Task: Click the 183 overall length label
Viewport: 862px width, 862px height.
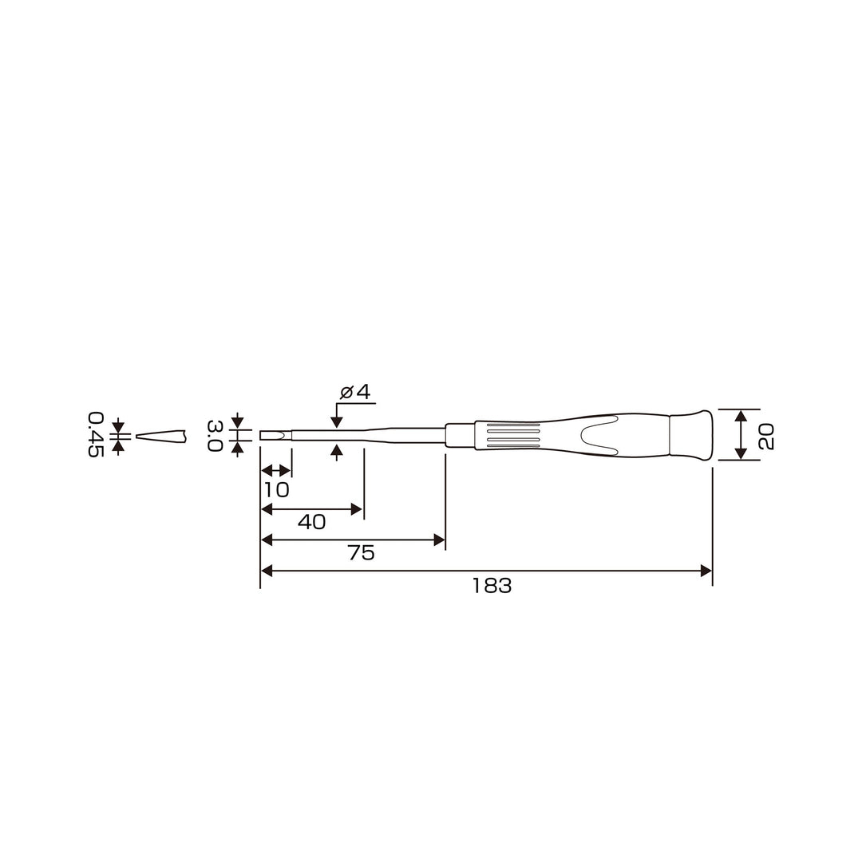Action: pos(492,586)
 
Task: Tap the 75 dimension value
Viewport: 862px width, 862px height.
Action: pos(362,553)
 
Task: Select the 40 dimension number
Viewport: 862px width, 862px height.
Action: pos(312,522)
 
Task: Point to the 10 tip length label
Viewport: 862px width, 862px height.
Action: pos(276,490)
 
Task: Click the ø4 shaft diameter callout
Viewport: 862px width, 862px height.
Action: pos(355,392)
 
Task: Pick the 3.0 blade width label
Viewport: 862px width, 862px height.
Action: pos(215,436)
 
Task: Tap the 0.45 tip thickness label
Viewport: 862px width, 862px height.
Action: pos(96,434)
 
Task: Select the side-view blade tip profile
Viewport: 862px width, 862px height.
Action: pos(161,437)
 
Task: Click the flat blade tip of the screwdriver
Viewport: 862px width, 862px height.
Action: pos(275,436)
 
